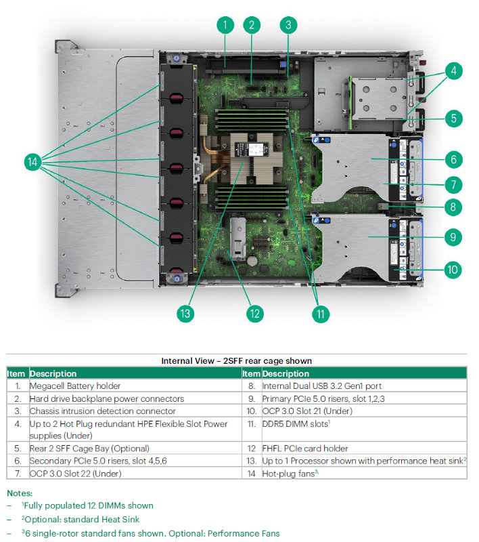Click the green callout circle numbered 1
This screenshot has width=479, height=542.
tap(225, 26)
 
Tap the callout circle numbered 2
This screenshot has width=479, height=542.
tap(251, 26)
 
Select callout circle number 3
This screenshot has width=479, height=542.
tap(288, 26)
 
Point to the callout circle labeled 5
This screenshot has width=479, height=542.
tap(453, 118)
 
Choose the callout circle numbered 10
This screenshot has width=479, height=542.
tap(453, 270)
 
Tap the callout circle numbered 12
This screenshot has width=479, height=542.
tap(254, 314)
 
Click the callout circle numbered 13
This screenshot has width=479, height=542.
tap(185, 314)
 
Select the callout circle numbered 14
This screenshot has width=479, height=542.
tap(32, 162)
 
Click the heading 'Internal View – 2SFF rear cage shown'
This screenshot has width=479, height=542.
tap(236, 360)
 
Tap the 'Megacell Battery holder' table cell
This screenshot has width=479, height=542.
tap(75, 385)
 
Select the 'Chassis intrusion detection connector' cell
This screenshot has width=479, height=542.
tap(102, 411)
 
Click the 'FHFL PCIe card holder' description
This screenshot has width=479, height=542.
tap(305, 448)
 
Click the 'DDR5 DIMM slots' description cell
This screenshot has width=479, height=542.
tap(295, 423)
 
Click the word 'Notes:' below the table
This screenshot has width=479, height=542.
tap(19, 493)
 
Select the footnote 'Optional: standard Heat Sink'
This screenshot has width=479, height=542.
tap(84, 519)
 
